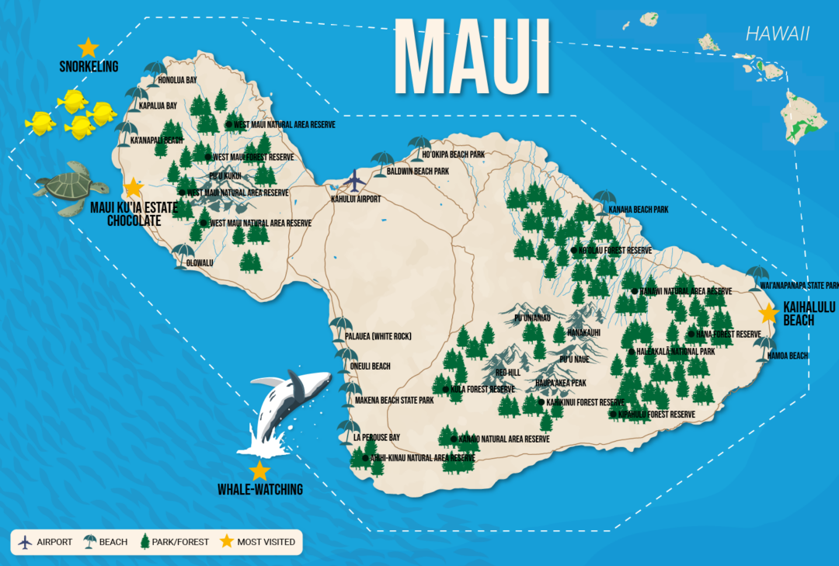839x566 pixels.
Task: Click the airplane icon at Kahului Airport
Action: point(355,181)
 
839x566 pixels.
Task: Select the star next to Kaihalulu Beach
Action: point(768,313)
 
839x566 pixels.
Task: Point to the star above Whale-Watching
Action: point(259,471)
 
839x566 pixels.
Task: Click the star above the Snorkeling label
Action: point(89,47)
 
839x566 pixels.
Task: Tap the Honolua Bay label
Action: point(177,80)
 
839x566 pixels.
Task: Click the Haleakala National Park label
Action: point(675,352)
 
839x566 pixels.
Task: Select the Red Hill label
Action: point(507,373)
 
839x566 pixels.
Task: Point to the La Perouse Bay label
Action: point(377,437)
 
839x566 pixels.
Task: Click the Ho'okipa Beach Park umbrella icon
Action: point(419,144)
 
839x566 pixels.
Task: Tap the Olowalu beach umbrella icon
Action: point(183,252)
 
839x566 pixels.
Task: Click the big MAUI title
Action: point(472,58)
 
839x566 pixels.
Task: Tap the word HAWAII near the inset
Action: point(777,33)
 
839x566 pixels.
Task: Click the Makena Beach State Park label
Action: point(394,401)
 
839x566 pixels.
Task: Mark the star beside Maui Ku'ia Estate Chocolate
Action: point(134,187)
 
